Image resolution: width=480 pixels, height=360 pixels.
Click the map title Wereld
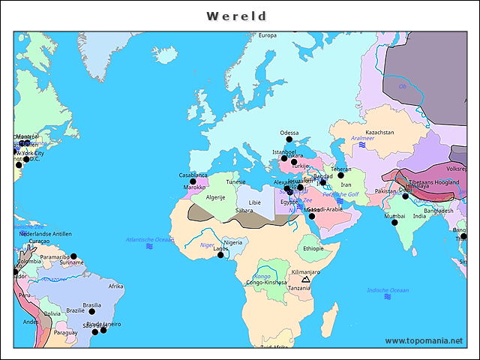237,16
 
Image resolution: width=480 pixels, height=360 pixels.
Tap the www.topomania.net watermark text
424,340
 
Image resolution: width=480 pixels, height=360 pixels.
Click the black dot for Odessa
289,139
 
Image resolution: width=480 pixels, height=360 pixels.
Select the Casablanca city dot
193,181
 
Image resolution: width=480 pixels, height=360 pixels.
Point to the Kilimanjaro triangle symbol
305,278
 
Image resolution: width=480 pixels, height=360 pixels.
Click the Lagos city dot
220,255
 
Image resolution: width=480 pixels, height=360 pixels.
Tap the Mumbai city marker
394,222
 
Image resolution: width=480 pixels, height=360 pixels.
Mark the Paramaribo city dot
73,256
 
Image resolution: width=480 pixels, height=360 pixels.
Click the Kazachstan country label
379,132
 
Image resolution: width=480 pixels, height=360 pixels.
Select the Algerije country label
216,197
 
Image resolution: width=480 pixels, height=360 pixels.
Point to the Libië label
255,202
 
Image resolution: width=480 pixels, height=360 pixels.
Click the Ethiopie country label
313,248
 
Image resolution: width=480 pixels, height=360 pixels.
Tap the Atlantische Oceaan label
149,239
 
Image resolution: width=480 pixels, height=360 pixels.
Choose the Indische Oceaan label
388,290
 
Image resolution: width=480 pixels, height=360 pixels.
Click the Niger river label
207,244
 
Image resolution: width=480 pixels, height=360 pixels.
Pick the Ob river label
402,86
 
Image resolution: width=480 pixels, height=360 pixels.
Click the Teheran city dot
340,175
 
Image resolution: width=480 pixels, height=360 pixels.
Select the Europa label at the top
268,35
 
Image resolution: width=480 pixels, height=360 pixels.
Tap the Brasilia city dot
92,312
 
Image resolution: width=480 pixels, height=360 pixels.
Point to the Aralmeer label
362,139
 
